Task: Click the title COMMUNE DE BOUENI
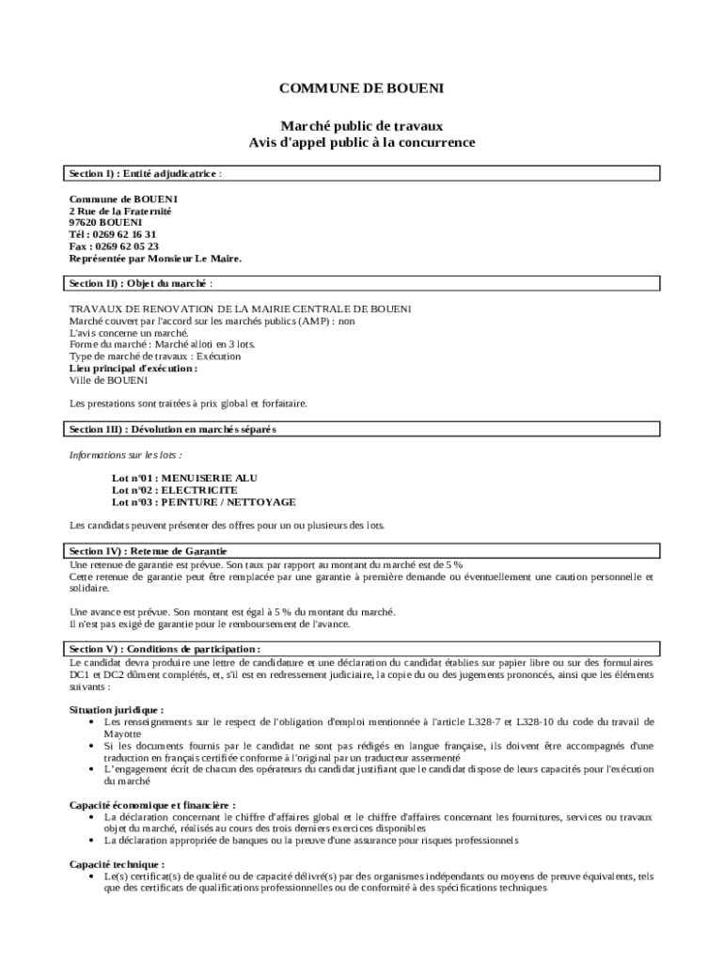click(x=361, y=88)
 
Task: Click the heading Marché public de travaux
click(x=361, y=125)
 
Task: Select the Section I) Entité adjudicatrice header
click(x=145, y=174)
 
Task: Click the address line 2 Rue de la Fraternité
click(x=120, y=212)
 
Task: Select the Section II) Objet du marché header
click(x=140, y=283)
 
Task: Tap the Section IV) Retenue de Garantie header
click(x=148, y=550)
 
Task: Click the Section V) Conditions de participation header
click(x=165, y=649)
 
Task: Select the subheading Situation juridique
click(x=117, y=710)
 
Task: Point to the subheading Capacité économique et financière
click(x=152, y=805)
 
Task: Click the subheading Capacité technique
click(x=117, y=864)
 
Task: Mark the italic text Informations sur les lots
click(x=125, y=454)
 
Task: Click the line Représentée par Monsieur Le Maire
click(x=155, y=258)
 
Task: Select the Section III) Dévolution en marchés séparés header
click(x=172, y=429)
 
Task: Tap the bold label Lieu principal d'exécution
click(x=134, y=370)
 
